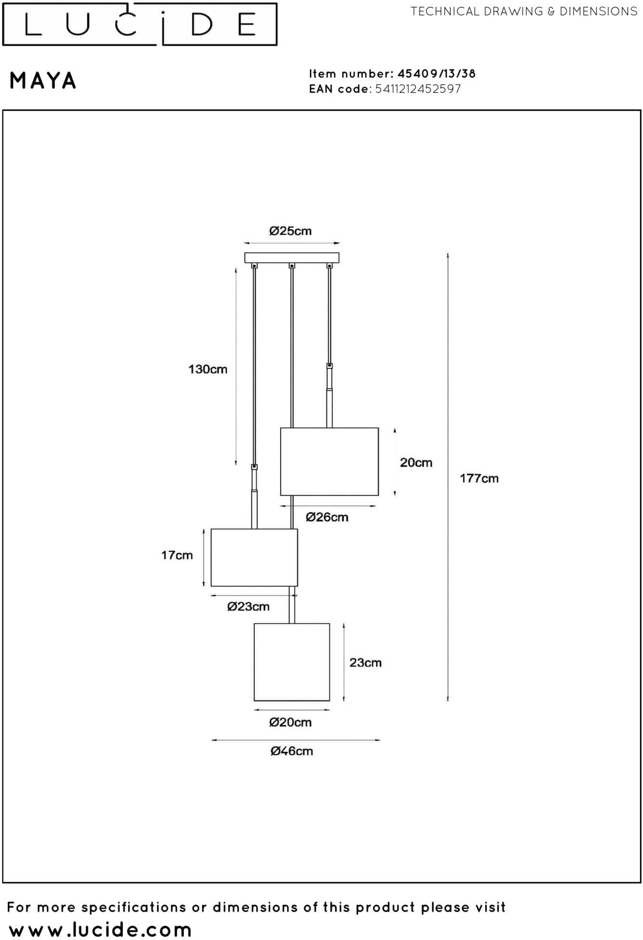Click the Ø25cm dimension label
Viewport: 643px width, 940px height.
290,231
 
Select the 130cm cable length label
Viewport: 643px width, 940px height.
207,369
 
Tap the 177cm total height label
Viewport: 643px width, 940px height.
479,479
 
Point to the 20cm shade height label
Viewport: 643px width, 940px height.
416,463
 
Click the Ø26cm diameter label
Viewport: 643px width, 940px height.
327,517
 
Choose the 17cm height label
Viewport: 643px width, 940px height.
177,555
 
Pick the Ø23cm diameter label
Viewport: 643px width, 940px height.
248,607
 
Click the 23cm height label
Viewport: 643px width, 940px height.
365,663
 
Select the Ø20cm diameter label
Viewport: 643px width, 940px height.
290,722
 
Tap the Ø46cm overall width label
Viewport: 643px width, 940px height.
292,751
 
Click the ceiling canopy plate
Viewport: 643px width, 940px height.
292,258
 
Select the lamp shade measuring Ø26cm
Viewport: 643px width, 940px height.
329,461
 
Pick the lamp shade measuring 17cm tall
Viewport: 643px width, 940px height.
254,558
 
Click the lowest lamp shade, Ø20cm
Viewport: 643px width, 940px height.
292,662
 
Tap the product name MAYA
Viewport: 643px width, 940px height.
43,81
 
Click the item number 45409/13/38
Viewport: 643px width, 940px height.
437,74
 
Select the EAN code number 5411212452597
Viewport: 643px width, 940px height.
418,89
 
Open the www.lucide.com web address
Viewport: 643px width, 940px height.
100,930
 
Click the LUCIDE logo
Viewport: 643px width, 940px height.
140,25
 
